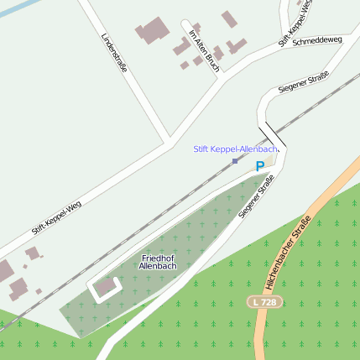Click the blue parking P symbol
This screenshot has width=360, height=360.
[x=259, y=167]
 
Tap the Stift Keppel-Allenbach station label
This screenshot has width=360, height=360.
[x=234, y=149]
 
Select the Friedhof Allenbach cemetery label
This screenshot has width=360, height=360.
[x=158, y=261]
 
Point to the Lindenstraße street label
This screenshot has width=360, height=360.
[x=113, y=53]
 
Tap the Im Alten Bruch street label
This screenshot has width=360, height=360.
[x=204, y=51]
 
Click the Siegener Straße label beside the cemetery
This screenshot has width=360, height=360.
[x=257, y=196]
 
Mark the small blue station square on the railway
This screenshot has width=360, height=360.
[x=235, y=160]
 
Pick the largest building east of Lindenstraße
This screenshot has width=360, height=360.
[x=152, y=31]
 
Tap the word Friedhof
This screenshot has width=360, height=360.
[x=158, y=257]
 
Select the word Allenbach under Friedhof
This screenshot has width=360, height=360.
[x=158, y=266]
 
